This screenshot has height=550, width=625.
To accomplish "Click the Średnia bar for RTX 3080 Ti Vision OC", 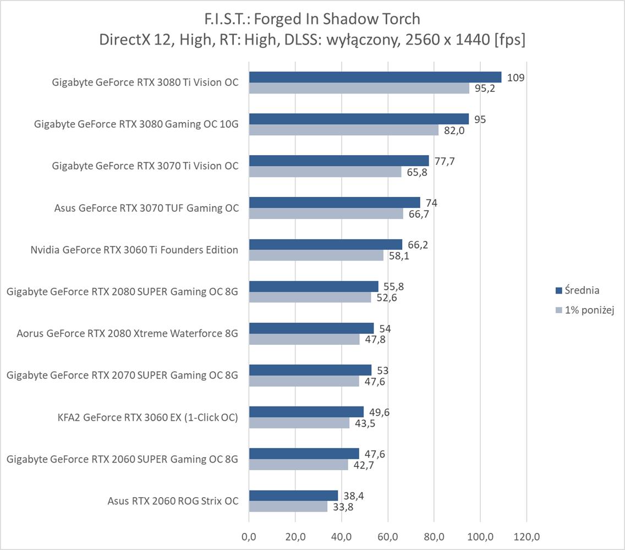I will pyautogui.click(x=375, y=77).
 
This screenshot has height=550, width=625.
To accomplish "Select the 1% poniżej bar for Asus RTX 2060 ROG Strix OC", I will pyautogui.click(x=288, y=507).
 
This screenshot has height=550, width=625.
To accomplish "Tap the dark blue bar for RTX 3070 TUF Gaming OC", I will pyautogui.click(x=335, y=202).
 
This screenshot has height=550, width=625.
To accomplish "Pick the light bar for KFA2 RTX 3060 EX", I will pyautogui.click(x=299, y=424).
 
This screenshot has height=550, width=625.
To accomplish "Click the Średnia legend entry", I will pyautogui.click(x=578, y=290).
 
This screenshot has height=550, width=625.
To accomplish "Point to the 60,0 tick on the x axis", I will pyautogui.click(x=388, y=536).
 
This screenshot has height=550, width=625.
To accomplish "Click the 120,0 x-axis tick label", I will pyautogui.click(x=527, y=536).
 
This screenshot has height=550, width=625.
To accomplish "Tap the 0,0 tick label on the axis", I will pyautogui.click(x=249, y=536).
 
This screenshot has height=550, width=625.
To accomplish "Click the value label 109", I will pyautogui.click(x=516, y=78).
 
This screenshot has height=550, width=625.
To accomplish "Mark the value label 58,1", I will pyautogui.click(x=398, y=256).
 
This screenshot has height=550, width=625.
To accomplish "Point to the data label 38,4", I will pyautogui.click(x=353, y=496).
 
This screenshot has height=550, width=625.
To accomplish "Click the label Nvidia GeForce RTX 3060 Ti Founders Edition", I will pyautogui.click(x=134, y=250).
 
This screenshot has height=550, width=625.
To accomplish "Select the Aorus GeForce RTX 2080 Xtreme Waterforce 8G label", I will pyautogui.click(x=127, y=333).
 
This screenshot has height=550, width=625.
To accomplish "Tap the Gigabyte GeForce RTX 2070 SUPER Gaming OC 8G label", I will pyautogui.click(x=122, y=375).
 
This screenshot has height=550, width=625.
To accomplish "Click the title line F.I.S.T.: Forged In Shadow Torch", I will pyautogui.click(x=312, y=19).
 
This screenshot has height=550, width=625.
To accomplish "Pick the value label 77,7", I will pyautogui.click(x=444, y=161).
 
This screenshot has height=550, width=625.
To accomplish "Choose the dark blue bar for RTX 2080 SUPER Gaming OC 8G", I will pyautogui.click(x=314, y=286).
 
